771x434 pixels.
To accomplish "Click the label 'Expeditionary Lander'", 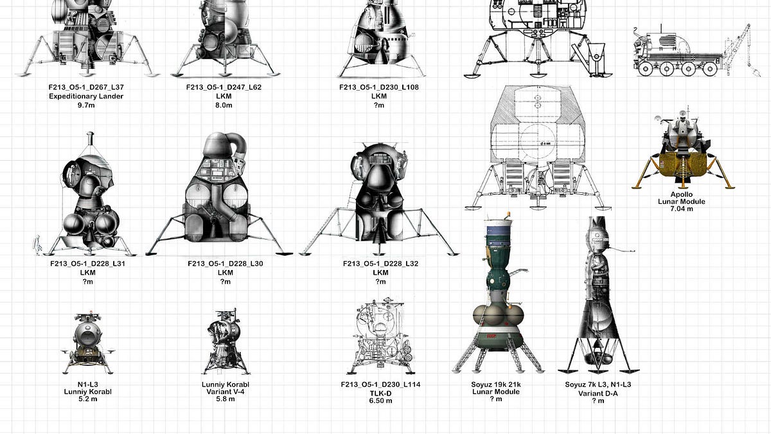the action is click(86, 96).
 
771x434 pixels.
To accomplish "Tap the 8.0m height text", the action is click(224, 105).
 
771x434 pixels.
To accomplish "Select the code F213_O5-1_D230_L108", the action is click(379, 87).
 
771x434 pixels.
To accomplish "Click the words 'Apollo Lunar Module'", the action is click(682, 198).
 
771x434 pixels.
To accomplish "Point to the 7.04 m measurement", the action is click(682, 209).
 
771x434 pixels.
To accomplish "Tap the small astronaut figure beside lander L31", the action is click(37, 244).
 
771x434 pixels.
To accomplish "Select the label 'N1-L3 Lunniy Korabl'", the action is click(88, 388).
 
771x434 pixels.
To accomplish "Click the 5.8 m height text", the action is click(226, 399).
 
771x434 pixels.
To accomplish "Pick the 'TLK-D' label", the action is click(380, 393).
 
